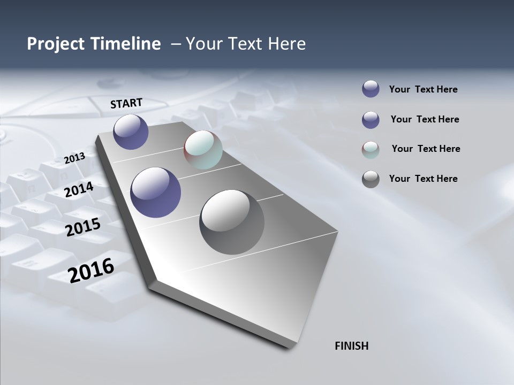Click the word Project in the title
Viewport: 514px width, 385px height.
pyautogui.click(x=56, y=44)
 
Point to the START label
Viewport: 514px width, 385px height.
pyautogui.click(x=126, y=103)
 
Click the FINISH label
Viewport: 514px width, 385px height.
pyautogui.click(x=351, y=346)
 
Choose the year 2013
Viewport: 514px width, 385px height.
pyautogui.click(x=74, y=158)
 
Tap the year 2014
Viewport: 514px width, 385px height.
pyautogui.click(x=79, y=189)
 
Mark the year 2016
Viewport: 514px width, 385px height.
pyautogui.click(x=91, y=271)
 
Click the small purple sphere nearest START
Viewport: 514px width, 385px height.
pyautogui.click(x=131, y=132)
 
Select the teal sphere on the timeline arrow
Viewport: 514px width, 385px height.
pyautogui.click(x=203, y=150)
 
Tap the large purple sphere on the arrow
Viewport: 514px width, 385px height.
pyautogui.click(x=155, y=192)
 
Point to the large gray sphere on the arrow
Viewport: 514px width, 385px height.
pyautogui.click(x=232, y=222)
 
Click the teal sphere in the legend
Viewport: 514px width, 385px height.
pyautogui.click(x=371, y=150)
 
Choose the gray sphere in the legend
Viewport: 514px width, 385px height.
pyautogui.click(x=371, y=179)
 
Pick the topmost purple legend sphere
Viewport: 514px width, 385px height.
pyautogui.click(x=371, y=89)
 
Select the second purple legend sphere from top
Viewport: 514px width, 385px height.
pyautogui.click(x=371, y=120)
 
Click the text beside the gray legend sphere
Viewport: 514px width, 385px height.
pyautogui.click(x=423, y=179)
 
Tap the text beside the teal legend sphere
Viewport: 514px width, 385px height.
pyautogui.click(x=426, y=149)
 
